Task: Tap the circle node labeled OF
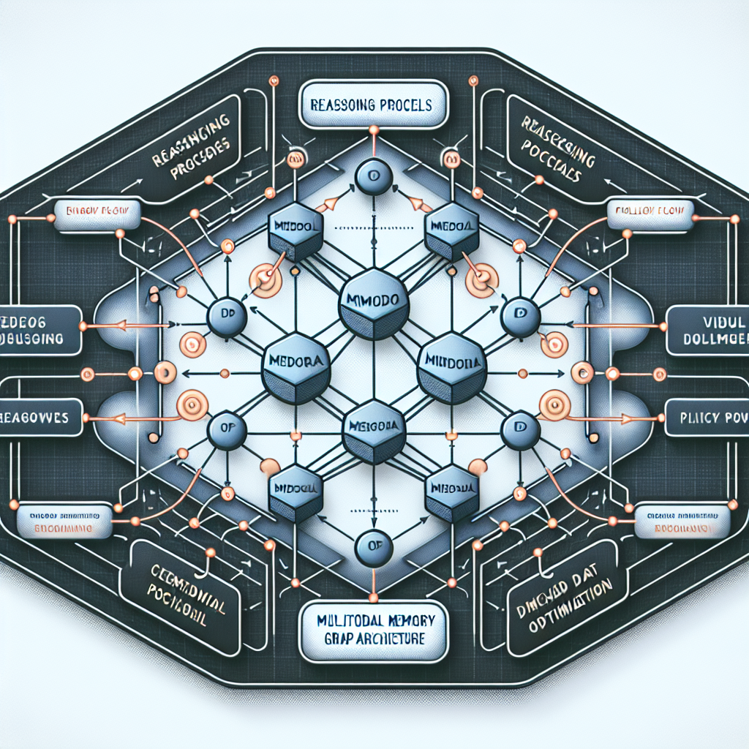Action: pyautogui.click(x=369, y=546)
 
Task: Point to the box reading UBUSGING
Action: pyautogui.click(x=40, y=330)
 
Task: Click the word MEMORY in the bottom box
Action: pyautogui.click(x=409, y=620)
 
